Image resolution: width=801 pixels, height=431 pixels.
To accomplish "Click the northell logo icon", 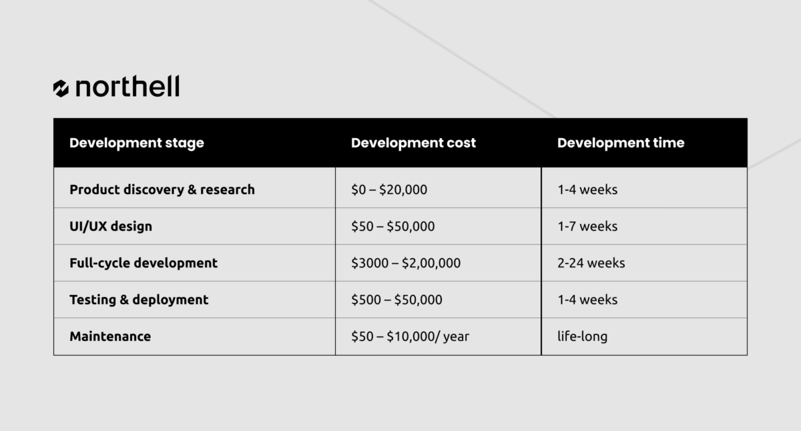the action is click(61, 88).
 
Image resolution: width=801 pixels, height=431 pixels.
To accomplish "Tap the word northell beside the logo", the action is click(127, 86).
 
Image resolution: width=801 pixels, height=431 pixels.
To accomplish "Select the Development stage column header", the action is click(137, 143).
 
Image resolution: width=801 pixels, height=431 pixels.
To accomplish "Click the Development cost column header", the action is click(413, 143).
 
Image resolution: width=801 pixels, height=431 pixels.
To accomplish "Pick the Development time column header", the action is click(621, 143).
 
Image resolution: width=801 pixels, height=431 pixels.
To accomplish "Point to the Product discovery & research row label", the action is click(162, 189).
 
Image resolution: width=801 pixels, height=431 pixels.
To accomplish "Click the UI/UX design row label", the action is click(111, 226).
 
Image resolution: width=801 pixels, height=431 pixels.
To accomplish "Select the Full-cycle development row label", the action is click(144, 263).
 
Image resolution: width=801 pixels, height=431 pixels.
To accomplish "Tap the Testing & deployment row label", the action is click(139, 300).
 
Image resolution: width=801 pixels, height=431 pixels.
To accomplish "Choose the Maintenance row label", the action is click(110, 336).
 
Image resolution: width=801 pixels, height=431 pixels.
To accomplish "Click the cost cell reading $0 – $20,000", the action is click(389, 189).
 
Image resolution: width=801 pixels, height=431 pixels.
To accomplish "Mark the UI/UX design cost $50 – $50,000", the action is click(393, 226).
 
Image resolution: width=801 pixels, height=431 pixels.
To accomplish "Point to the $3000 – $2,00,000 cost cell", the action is click(406, 263).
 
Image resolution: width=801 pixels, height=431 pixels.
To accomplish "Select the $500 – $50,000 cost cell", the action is click(396, 300).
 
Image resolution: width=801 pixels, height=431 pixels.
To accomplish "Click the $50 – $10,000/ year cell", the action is click(410, 336).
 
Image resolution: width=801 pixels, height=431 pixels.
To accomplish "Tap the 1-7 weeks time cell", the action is click(587, 226).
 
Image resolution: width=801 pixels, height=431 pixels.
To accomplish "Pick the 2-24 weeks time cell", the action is click(591, 263).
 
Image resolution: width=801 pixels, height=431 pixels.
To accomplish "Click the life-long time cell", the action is click(583, 336).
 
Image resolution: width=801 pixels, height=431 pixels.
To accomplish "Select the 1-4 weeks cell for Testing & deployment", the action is click(587, 300).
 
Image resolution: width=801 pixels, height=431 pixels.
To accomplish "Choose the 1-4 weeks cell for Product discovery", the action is click(587, 189).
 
